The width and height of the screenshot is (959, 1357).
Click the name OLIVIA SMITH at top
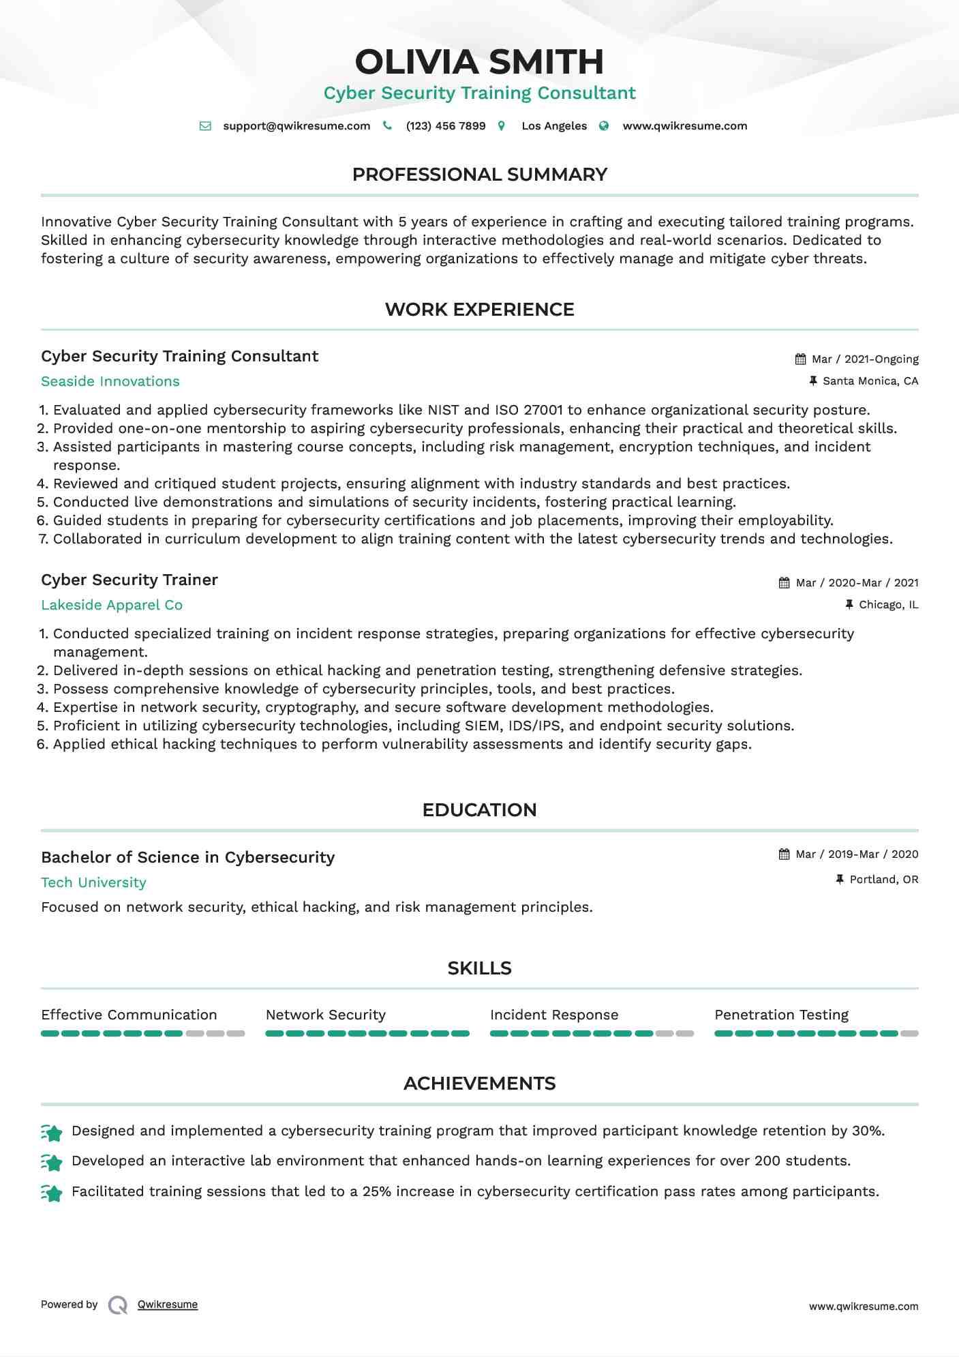pos(479,62)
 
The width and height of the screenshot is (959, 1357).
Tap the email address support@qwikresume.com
pos(296,126)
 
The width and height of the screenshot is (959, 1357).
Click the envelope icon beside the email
pos(204,126)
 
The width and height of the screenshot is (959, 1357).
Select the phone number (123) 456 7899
pos(446,126)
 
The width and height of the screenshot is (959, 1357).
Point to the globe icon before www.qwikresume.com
pos(604,126)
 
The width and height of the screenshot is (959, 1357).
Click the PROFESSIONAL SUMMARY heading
pos(479,175)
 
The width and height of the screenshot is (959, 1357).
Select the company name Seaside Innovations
pos(110,381)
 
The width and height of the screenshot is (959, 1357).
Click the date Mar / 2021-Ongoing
pos(865,359)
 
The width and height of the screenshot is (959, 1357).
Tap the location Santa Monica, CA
pos(870,381)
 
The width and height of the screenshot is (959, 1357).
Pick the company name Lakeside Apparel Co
pos(112,605)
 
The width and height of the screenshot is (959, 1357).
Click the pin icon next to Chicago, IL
pos(849,604)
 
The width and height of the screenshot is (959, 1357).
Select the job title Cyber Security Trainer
pos(130,580)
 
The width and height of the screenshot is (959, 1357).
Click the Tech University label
pos(93,882)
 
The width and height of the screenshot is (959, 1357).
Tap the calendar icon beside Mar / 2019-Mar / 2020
pos(784,854)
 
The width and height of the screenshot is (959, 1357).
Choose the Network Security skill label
pos(325,1015)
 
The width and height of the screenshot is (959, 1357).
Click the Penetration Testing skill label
pos(781,1015)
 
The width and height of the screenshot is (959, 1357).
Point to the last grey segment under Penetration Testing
pos(909,1034)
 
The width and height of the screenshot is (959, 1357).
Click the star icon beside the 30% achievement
pos(52,1133)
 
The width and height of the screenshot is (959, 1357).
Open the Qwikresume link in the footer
pos(168,1304)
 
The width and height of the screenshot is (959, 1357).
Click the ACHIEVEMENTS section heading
pos(479,1084)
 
